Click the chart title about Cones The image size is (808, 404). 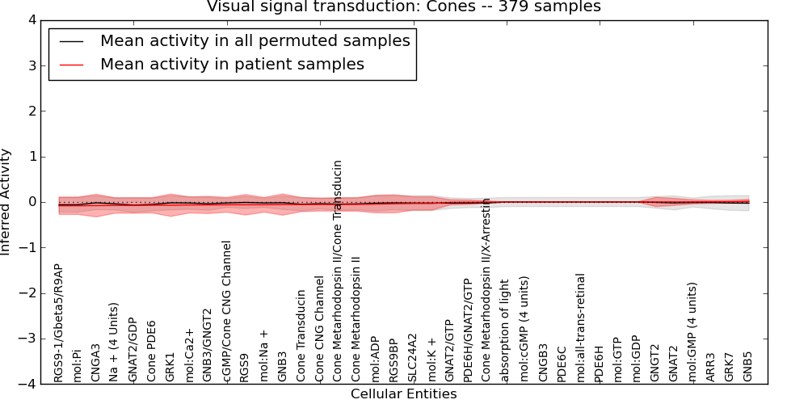[x=403, y=7]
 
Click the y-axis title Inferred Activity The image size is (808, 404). [x=6, y=202]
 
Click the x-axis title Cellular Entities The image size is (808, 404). [x=403, y=394]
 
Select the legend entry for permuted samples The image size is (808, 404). [x=255, y=40]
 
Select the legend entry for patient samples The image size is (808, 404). [x=232, y=64]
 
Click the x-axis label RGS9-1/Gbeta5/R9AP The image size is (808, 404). [x=58, y=322]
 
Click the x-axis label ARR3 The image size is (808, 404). [x=711, y=367]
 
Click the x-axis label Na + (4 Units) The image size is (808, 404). [x=114, y=343]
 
